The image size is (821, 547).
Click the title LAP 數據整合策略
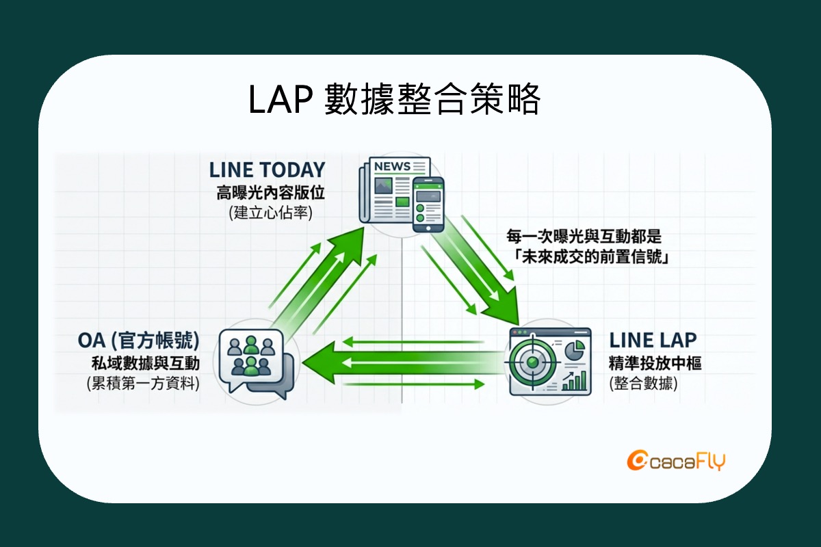[395, 101]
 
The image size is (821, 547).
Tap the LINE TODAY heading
[267, 170]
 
